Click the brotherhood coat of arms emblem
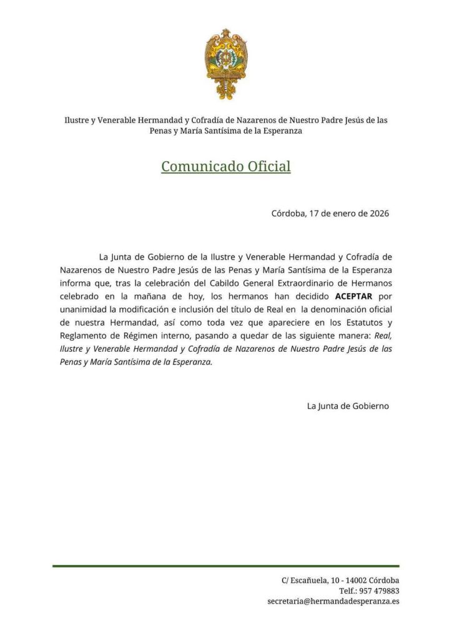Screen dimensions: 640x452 (x=226, y=63)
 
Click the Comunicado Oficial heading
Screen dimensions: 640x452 (x=226, y=167)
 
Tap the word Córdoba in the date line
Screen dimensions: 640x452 (x=288, y=213)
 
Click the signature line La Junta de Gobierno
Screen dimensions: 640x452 (x=348, y=406)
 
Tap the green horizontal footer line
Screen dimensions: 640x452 (x=226, y=566)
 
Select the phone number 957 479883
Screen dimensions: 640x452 (x=378, y=591)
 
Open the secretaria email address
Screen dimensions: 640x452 (x=333, y=601)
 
